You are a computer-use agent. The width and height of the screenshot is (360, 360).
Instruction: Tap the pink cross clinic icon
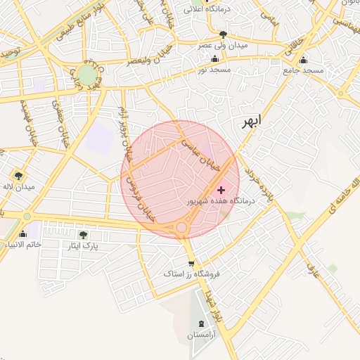221,189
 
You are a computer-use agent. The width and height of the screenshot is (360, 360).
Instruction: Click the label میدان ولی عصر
223,45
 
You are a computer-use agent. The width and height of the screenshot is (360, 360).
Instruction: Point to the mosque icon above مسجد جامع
303,60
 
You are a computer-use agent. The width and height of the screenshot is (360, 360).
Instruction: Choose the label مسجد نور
212,70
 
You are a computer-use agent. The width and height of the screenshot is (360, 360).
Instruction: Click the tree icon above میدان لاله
18,176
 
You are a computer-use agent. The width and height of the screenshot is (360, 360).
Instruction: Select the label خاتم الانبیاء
22,244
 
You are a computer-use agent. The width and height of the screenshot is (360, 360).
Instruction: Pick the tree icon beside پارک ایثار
84,235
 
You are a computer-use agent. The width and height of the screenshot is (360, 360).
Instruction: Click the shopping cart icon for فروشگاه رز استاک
191,264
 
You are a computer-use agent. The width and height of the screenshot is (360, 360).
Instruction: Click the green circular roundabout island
86,75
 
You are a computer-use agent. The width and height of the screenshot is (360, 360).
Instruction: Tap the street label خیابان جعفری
59,115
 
